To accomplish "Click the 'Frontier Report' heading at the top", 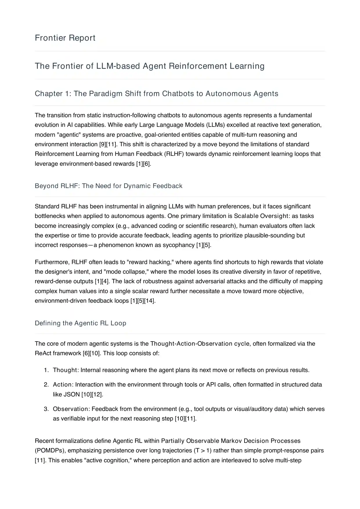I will coord(65,38).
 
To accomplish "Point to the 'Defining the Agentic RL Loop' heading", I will coord(80,323).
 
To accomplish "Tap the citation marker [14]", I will coord(149,301).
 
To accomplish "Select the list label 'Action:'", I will coord(63,385).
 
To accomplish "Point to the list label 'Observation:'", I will coord(71,409).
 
